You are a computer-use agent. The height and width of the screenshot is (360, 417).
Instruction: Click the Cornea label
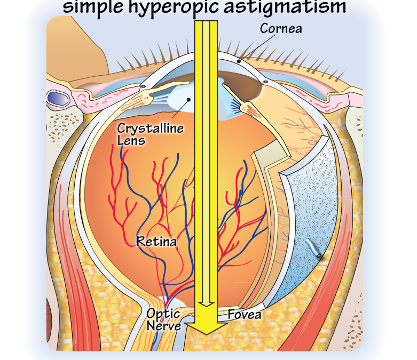281,28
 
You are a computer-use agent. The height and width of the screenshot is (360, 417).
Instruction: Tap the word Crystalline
150,129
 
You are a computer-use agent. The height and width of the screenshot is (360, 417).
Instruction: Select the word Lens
131,141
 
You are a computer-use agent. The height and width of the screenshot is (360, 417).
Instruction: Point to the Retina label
156,242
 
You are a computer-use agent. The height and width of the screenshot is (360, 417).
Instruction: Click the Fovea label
245,315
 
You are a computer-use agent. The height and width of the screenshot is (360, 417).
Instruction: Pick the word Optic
163,314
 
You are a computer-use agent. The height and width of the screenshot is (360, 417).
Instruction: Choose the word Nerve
163,326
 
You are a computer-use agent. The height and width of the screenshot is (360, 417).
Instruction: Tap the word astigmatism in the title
285,6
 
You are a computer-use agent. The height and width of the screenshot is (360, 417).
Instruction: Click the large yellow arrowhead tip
207,334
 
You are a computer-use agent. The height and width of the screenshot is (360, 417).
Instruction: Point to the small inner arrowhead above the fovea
207,304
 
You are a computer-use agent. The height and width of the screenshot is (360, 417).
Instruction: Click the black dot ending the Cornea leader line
239,61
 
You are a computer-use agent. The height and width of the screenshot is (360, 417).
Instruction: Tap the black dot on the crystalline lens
188,100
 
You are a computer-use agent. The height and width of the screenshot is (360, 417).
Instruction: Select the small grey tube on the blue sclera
313,248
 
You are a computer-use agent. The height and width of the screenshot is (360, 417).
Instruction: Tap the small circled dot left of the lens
143,86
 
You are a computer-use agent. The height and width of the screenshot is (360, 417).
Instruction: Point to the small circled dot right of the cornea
265,82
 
